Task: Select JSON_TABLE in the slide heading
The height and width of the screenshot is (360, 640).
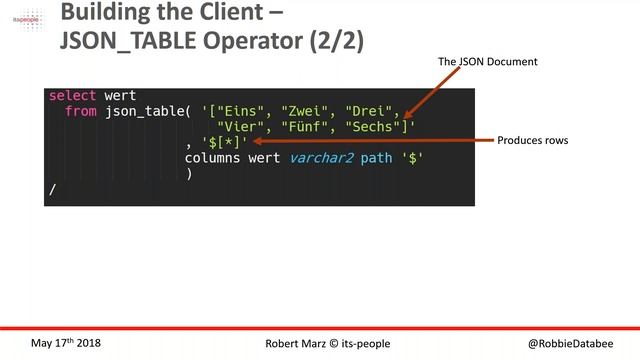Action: (139, 42)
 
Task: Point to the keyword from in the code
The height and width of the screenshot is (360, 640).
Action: (80, 111)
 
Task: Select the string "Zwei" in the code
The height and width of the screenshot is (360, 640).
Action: (306, 111)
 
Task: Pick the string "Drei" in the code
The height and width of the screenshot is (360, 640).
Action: (370, 111)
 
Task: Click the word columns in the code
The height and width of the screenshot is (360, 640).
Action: (217, 158)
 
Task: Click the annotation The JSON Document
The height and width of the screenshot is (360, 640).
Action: (488, 62)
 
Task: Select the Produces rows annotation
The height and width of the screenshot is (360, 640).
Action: (533, 141)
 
